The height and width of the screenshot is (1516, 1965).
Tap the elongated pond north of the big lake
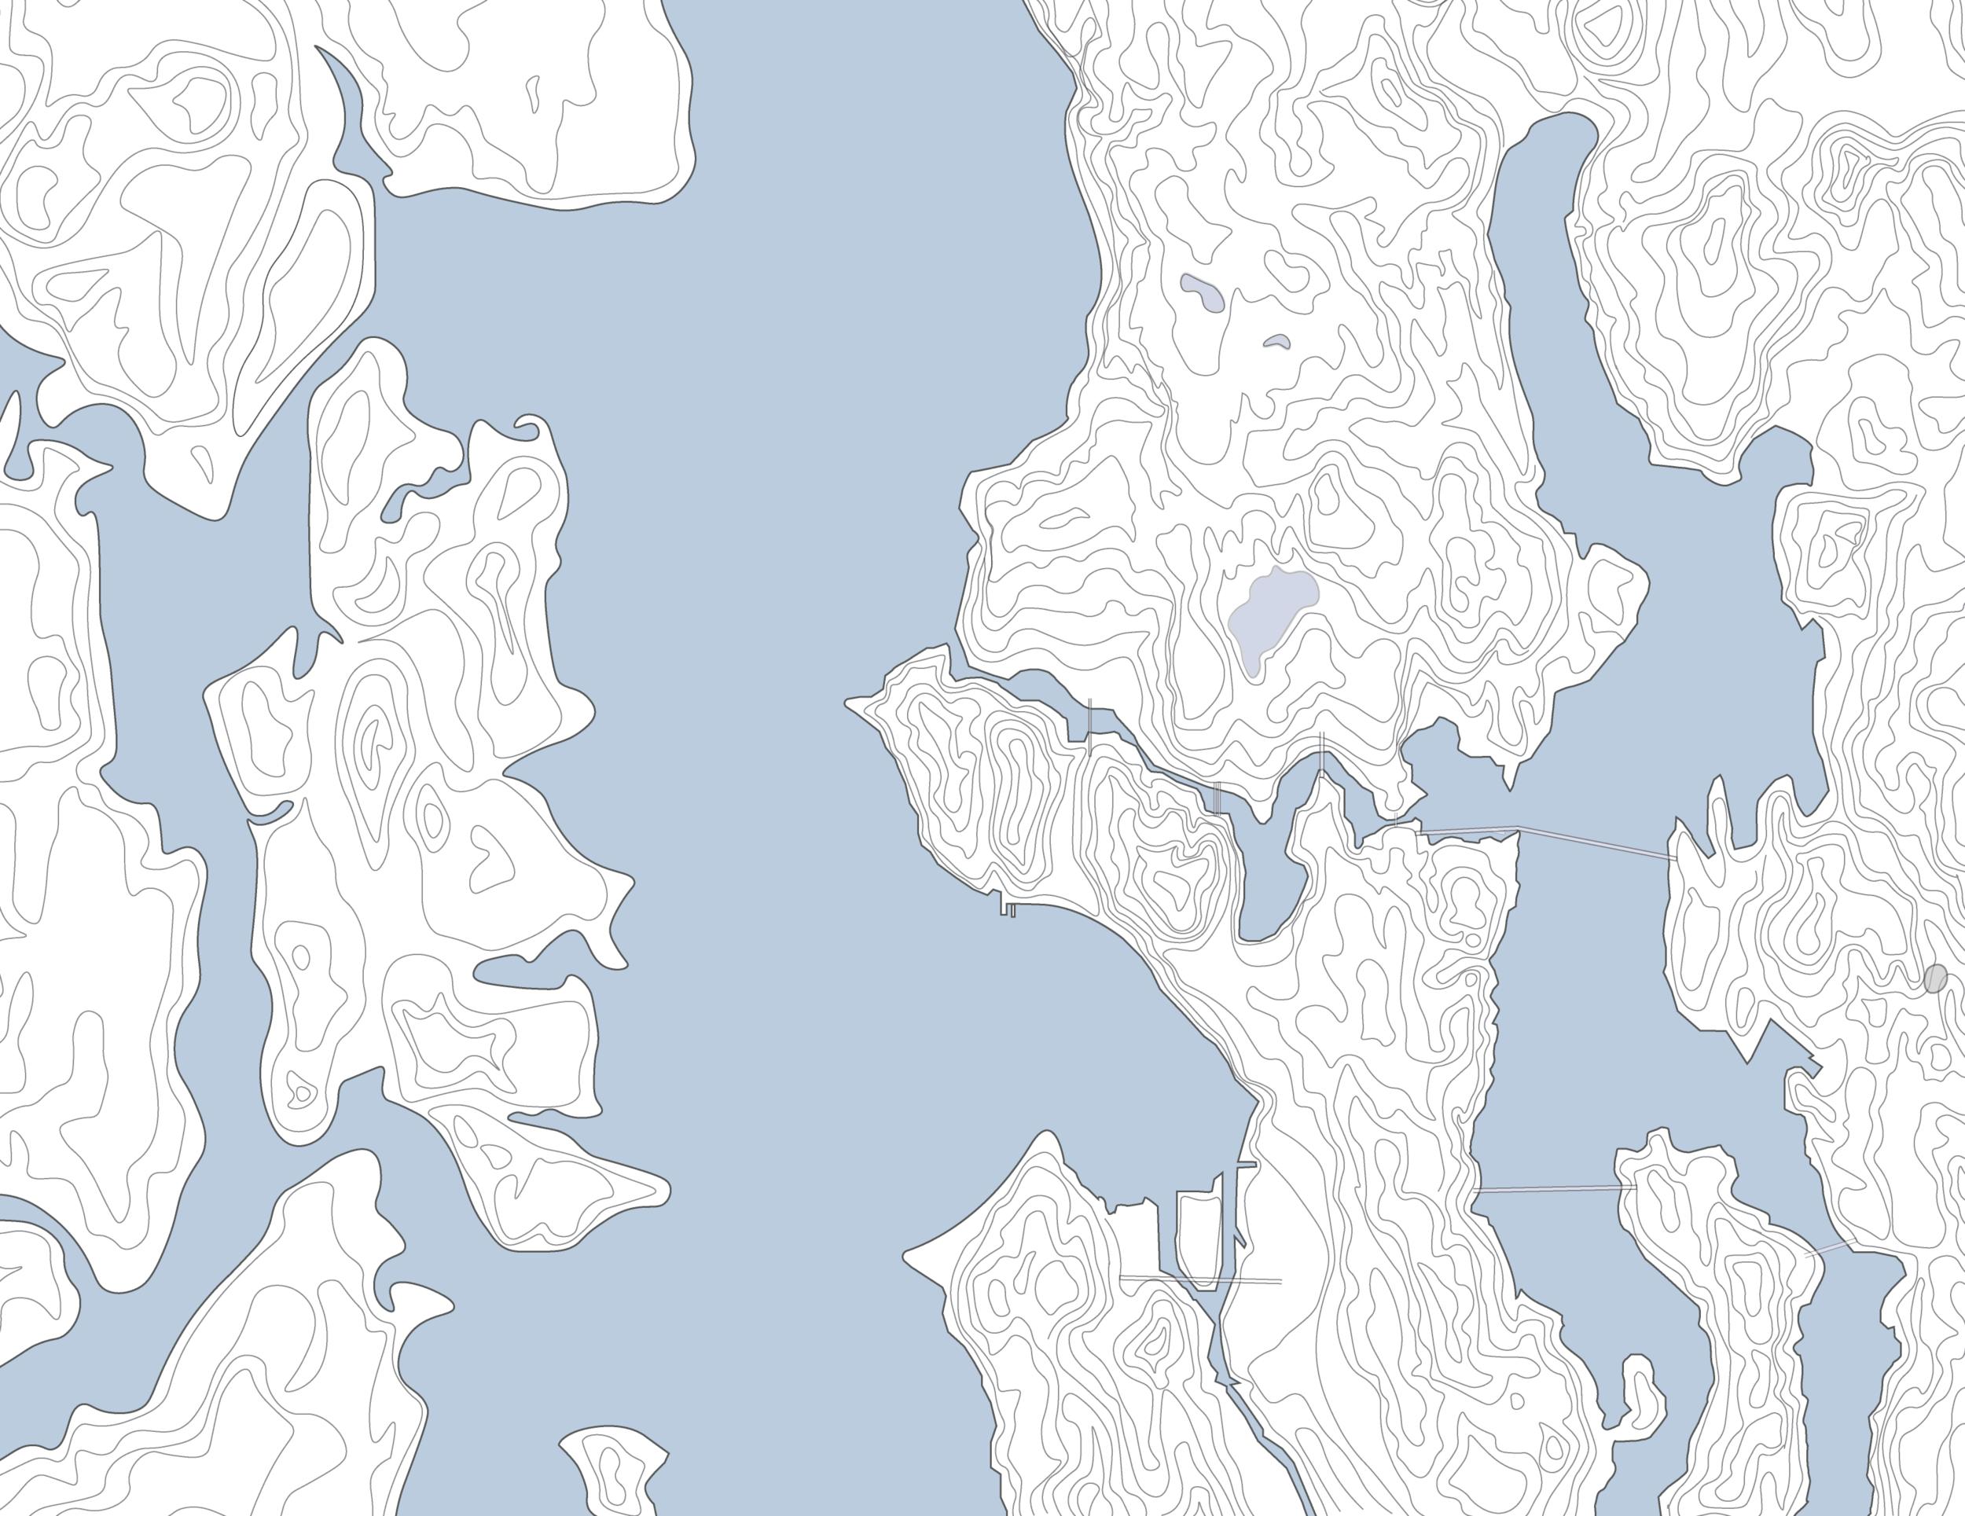[1202, 293]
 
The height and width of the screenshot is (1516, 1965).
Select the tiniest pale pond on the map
[1276, 342]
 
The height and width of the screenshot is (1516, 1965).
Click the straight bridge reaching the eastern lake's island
[1554, 1189]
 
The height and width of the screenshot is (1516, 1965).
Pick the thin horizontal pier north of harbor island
[1245, 1164]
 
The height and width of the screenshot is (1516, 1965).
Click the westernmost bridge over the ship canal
[1089, 727]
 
